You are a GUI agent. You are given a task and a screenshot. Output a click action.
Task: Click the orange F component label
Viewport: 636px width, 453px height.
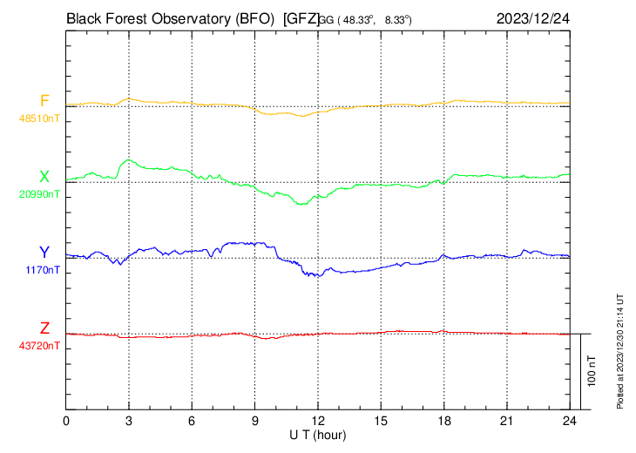pos(44,100)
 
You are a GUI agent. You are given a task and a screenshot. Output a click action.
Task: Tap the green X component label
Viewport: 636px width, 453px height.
pos(44,177)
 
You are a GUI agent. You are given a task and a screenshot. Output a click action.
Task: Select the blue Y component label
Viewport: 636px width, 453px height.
pos(44,253)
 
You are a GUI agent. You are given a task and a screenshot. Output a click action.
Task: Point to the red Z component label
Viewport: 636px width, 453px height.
pos(44,328)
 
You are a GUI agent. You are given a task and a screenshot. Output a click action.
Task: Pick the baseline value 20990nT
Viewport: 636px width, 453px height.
pos(40,194)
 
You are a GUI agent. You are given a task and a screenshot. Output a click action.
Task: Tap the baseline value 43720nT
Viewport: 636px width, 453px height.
pos(40,346)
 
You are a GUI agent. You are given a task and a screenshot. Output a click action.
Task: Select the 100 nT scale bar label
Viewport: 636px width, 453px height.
pos(592,370)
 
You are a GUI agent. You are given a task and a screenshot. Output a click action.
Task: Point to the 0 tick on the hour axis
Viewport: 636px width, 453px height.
pos(66,420)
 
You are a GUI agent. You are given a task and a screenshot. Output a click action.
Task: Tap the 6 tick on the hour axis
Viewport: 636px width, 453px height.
pos(192,420)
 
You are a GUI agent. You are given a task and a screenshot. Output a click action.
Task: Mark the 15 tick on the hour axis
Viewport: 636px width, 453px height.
pos(381,420)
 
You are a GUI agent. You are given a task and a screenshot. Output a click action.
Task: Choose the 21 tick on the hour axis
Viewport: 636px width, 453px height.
pos(506,420)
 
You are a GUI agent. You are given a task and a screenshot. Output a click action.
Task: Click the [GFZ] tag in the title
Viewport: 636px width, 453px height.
pos(301,17)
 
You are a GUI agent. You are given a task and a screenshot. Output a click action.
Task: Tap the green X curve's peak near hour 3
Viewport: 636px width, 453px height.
pos(129,160)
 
